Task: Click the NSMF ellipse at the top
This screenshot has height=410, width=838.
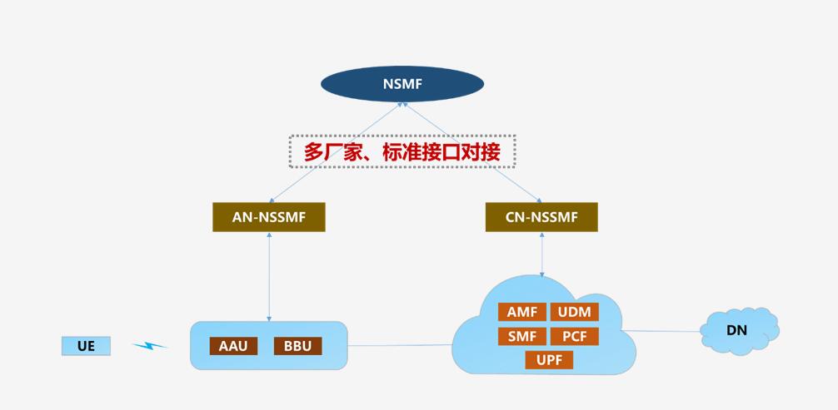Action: click(x=402, y=83)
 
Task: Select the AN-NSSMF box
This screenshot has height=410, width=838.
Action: click(x=268, y=217)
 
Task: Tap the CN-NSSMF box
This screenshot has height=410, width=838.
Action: click(x=541, y=217)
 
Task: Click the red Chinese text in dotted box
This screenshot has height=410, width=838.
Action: click(x=402, y=151)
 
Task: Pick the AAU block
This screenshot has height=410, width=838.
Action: click(x=233, y=346)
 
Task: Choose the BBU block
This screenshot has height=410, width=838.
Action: click(x=297, y=346)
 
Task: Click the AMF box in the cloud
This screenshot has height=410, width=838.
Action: click(x=522, y=313)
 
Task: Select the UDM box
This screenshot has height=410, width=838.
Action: click(x=575, y=313)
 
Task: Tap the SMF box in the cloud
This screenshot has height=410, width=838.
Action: click(x=522, y=337)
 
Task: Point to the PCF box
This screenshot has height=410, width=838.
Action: click(x=575, y=337)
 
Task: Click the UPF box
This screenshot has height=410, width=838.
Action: click(x=549, y=360)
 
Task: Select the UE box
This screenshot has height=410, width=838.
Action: click(x=86, y=346)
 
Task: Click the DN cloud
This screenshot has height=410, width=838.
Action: click(x=738, y=330)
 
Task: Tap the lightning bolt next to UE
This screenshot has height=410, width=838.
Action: click(x=149, y=345)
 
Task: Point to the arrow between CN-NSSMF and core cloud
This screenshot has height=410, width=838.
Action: click(x=542, y=254)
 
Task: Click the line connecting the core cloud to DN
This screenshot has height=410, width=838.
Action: click(x=662, y=331)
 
